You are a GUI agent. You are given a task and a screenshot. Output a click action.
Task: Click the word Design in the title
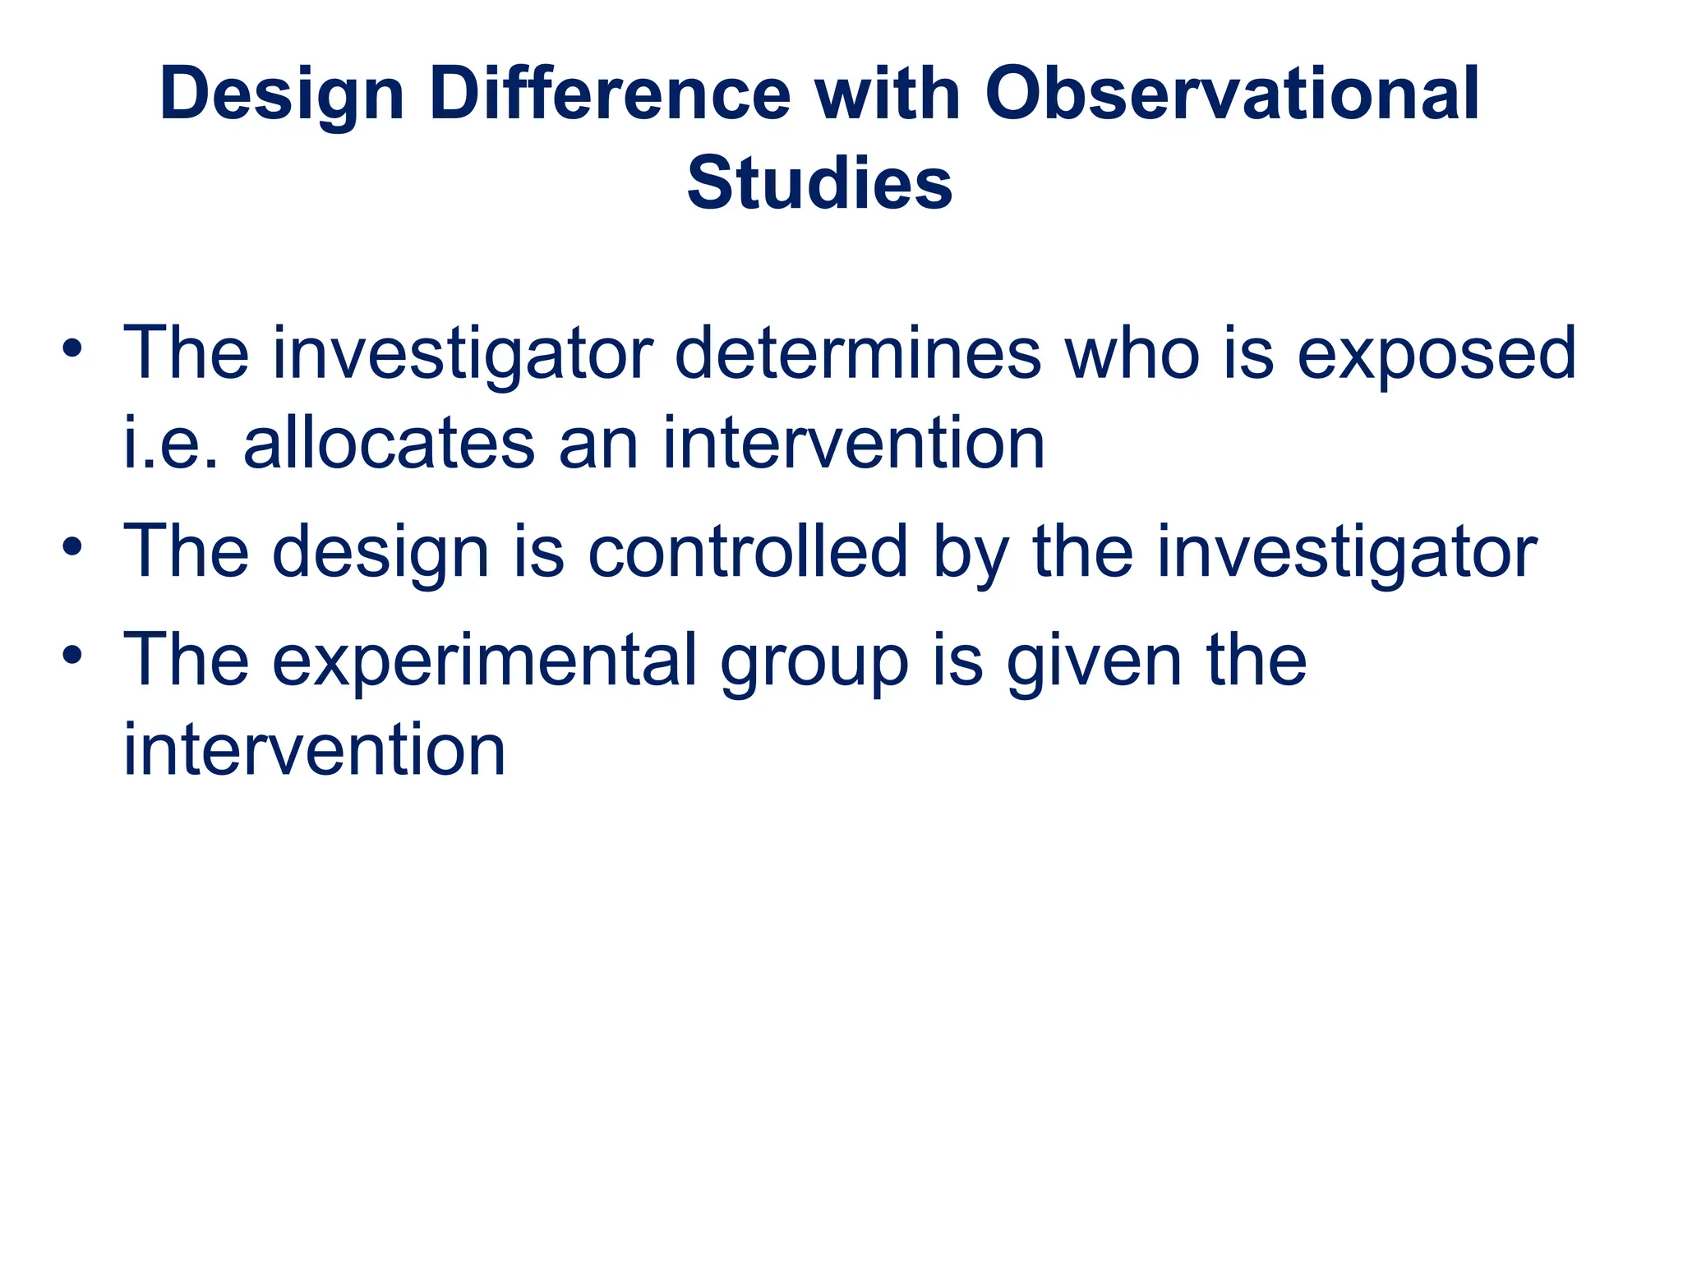pos(282,94)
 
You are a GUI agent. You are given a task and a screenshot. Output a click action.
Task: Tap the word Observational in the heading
pos(1232,94)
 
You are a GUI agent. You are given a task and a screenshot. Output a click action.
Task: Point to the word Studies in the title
pos(819,184)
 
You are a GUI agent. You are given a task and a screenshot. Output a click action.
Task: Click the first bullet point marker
pos(72,348)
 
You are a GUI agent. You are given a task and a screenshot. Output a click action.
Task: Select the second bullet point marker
pos(72,546)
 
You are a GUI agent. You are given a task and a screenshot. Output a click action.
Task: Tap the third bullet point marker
pos(72,655)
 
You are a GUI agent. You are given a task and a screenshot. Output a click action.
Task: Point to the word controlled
pos(748,551)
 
